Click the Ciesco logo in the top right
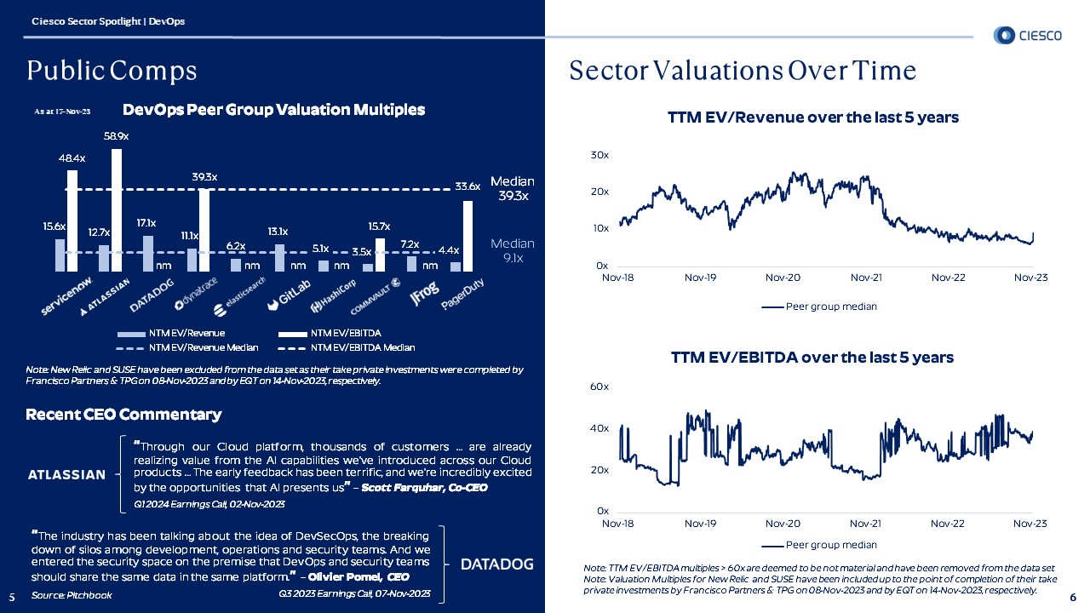[1028, 35]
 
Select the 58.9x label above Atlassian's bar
[117, 136]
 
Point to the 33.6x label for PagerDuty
[468, 186]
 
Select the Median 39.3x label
[513, 188]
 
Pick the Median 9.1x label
[513, 250]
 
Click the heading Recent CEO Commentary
[123, 415]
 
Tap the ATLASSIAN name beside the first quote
[66, 475]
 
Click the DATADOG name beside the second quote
[497, 564]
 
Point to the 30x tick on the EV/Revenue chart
[599, 155]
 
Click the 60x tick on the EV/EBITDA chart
[599, 387]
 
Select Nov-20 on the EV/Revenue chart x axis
[783, 278]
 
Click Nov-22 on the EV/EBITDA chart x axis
[947, 523]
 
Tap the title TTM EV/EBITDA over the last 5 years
[812, 358]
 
